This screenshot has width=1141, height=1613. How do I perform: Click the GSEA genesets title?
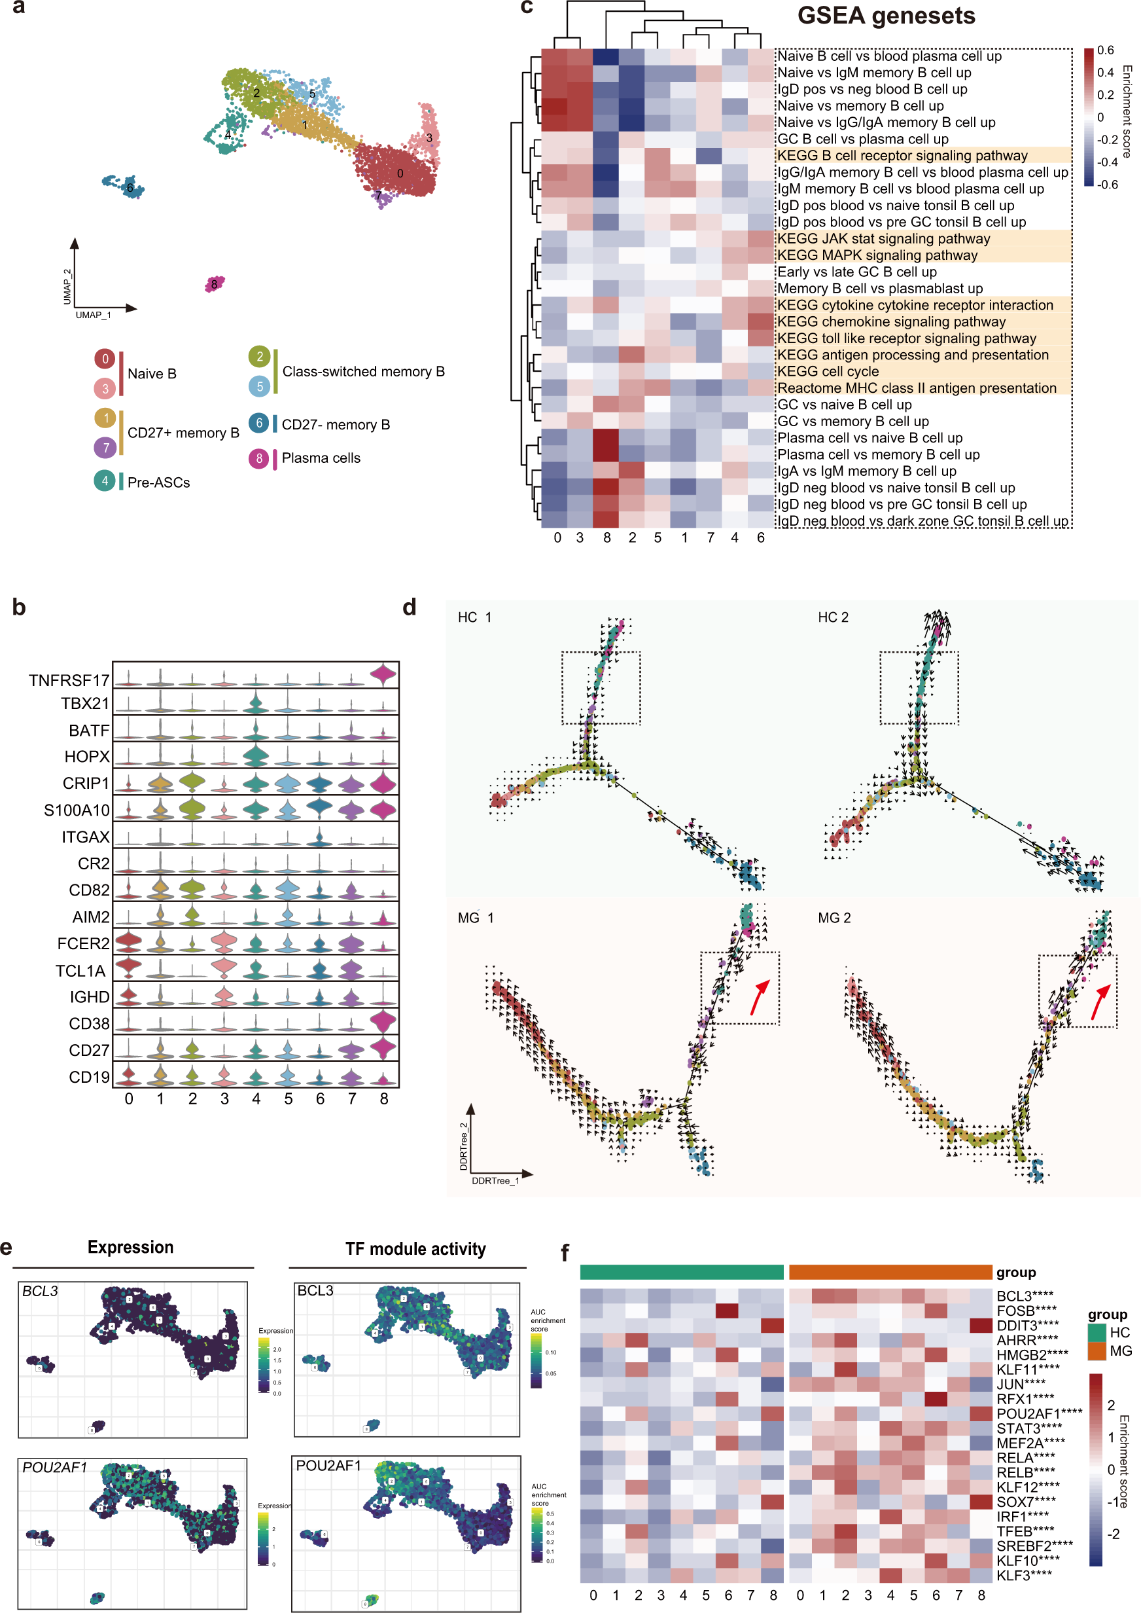[x=885, y=16]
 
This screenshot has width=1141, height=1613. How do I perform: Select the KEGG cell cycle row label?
[x=828, y=371]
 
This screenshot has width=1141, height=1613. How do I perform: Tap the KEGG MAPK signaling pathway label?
[x=877, y=255]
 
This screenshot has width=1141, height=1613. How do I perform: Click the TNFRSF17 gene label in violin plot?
[x=69, y=680]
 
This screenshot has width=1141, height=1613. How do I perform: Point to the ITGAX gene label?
[x=86, y=837]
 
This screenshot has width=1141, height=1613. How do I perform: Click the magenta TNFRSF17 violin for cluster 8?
[x=383, y=675]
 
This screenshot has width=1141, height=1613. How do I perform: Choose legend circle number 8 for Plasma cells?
[x=258, y=458]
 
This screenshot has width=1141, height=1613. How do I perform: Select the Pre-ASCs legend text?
[x=159, y=482]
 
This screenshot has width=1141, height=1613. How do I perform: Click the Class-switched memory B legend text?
[x=363, y=371]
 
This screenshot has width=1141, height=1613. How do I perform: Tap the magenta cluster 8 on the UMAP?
[x=215, y=284]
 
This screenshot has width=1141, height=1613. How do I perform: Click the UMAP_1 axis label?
[x=93, y=315]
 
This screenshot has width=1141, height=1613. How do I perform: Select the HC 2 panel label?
[x=833, y=617]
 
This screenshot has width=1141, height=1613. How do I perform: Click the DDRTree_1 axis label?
[x=495, y=1180]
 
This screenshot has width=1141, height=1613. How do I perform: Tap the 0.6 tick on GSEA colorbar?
[x=1105, y=50]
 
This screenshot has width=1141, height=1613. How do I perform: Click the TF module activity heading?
[x=415, y=1248]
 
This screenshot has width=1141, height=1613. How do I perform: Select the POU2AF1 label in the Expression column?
[x=55, y=1468]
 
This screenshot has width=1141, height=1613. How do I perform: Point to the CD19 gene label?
[x=89, y=1076]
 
